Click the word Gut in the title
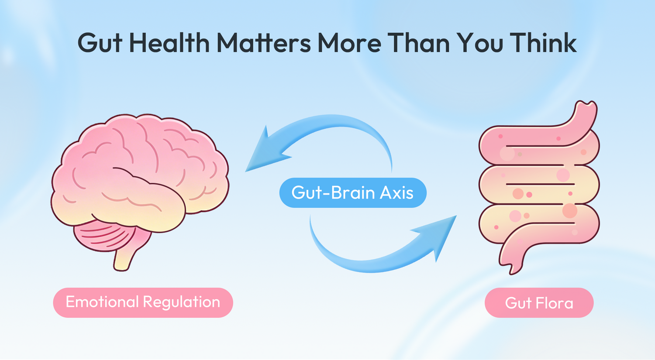tap(100, 43)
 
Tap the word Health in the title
tap(169, 43)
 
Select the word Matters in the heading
tap(264, 43)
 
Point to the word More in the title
tap(349, 43)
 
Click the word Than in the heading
tap(418, 43)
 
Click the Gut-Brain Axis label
tap(352, 192)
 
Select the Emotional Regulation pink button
tap(143, 302)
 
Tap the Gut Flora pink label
tap(539, 303)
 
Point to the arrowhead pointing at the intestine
tap(441, 236)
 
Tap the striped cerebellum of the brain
tap(103, 236)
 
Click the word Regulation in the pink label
tap(181, 302)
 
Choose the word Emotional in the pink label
tap(102, 302)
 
